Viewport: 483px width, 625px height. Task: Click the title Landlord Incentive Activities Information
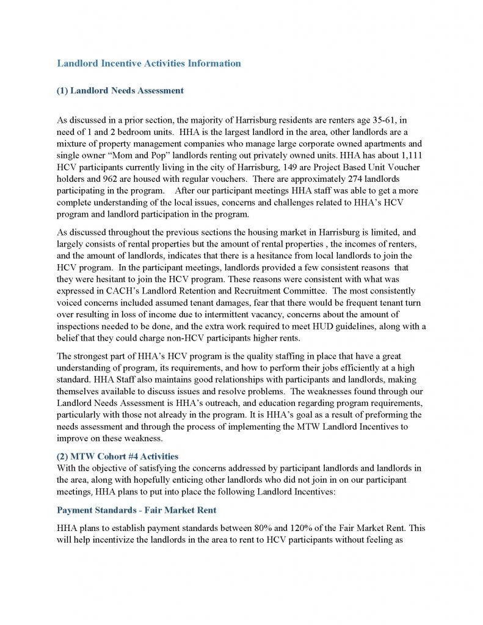(x=148, y=63)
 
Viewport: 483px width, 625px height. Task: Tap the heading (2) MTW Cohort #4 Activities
(x=117, y=457)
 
